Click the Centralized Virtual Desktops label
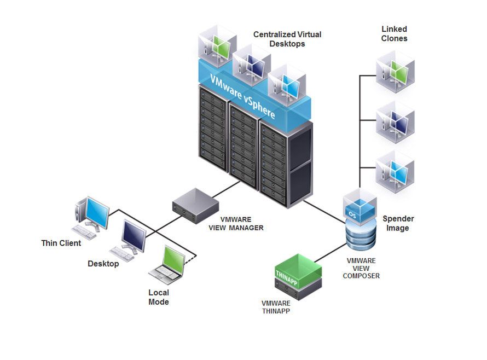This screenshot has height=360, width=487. [x=287, y=39]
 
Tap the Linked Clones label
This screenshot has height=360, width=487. [x=394, y=33]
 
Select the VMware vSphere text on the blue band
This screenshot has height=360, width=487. [x=242, y=96]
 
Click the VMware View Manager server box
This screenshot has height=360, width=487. [x=195, y=205]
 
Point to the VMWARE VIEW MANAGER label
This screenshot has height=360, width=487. [x=236, y=224]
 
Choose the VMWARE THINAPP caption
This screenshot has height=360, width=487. [x=276, y=307]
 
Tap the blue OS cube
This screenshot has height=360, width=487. [x=360, y=207]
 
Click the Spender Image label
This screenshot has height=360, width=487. [x=398, y=223]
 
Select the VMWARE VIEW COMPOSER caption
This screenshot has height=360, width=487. [x=361, y=269]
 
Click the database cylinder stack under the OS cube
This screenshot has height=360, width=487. [x=361, y=235]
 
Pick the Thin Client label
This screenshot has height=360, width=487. [x=61, y=243]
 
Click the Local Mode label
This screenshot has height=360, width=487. [x=159, y=297]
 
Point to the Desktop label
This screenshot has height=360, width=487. [x=103, y=264]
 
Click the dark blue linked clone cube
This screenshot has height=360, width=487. [x=395, y=122]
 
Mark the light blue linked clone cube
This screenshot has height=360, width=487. [x=395, y=172]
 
